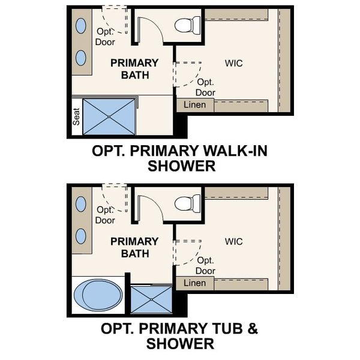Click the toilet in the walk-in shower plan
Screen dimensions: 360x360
pos(188,25)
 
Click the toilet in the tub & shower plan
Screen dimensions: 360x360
pos(188,203)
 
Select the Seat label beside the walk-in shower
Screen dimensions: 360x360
pos(77,116)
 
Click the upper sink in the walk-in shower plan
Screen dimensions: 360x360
pos(80,26)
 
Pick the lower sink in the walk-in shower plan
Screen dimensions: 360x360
pos(80,58)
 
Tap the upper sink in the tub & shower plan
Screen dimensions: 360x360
pos(80,204)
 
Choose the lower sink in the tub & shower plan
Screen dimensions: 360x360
pos(80,236)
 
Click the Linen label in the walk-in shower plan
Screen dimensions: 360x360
pos(194,105)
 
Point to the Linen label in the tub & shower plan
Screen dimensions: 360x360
pos(194,283)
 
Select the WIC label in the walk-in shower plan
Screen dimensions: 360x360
pos(234,63)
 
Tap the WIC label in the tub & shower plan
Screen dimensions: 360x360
pos(234,241)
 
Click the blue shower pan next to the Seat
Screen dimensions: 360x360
pos(110,116)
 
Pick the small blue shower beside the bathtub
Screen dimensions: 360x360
pos(151,298)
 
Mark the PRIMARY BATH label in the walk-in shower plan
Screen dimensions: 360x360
pos(134,69)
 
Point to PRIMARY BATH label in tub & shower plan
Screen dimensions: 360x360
pos(134,247)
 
